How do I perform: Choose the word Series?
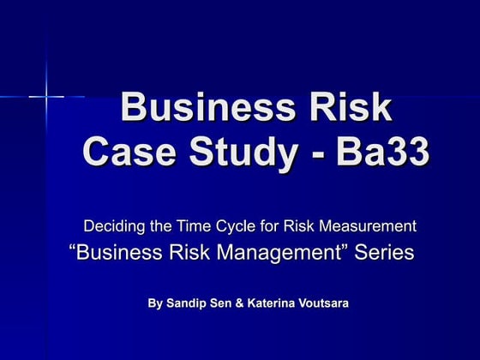(382, 253)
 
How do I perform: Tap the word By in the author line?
(155, 303)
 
